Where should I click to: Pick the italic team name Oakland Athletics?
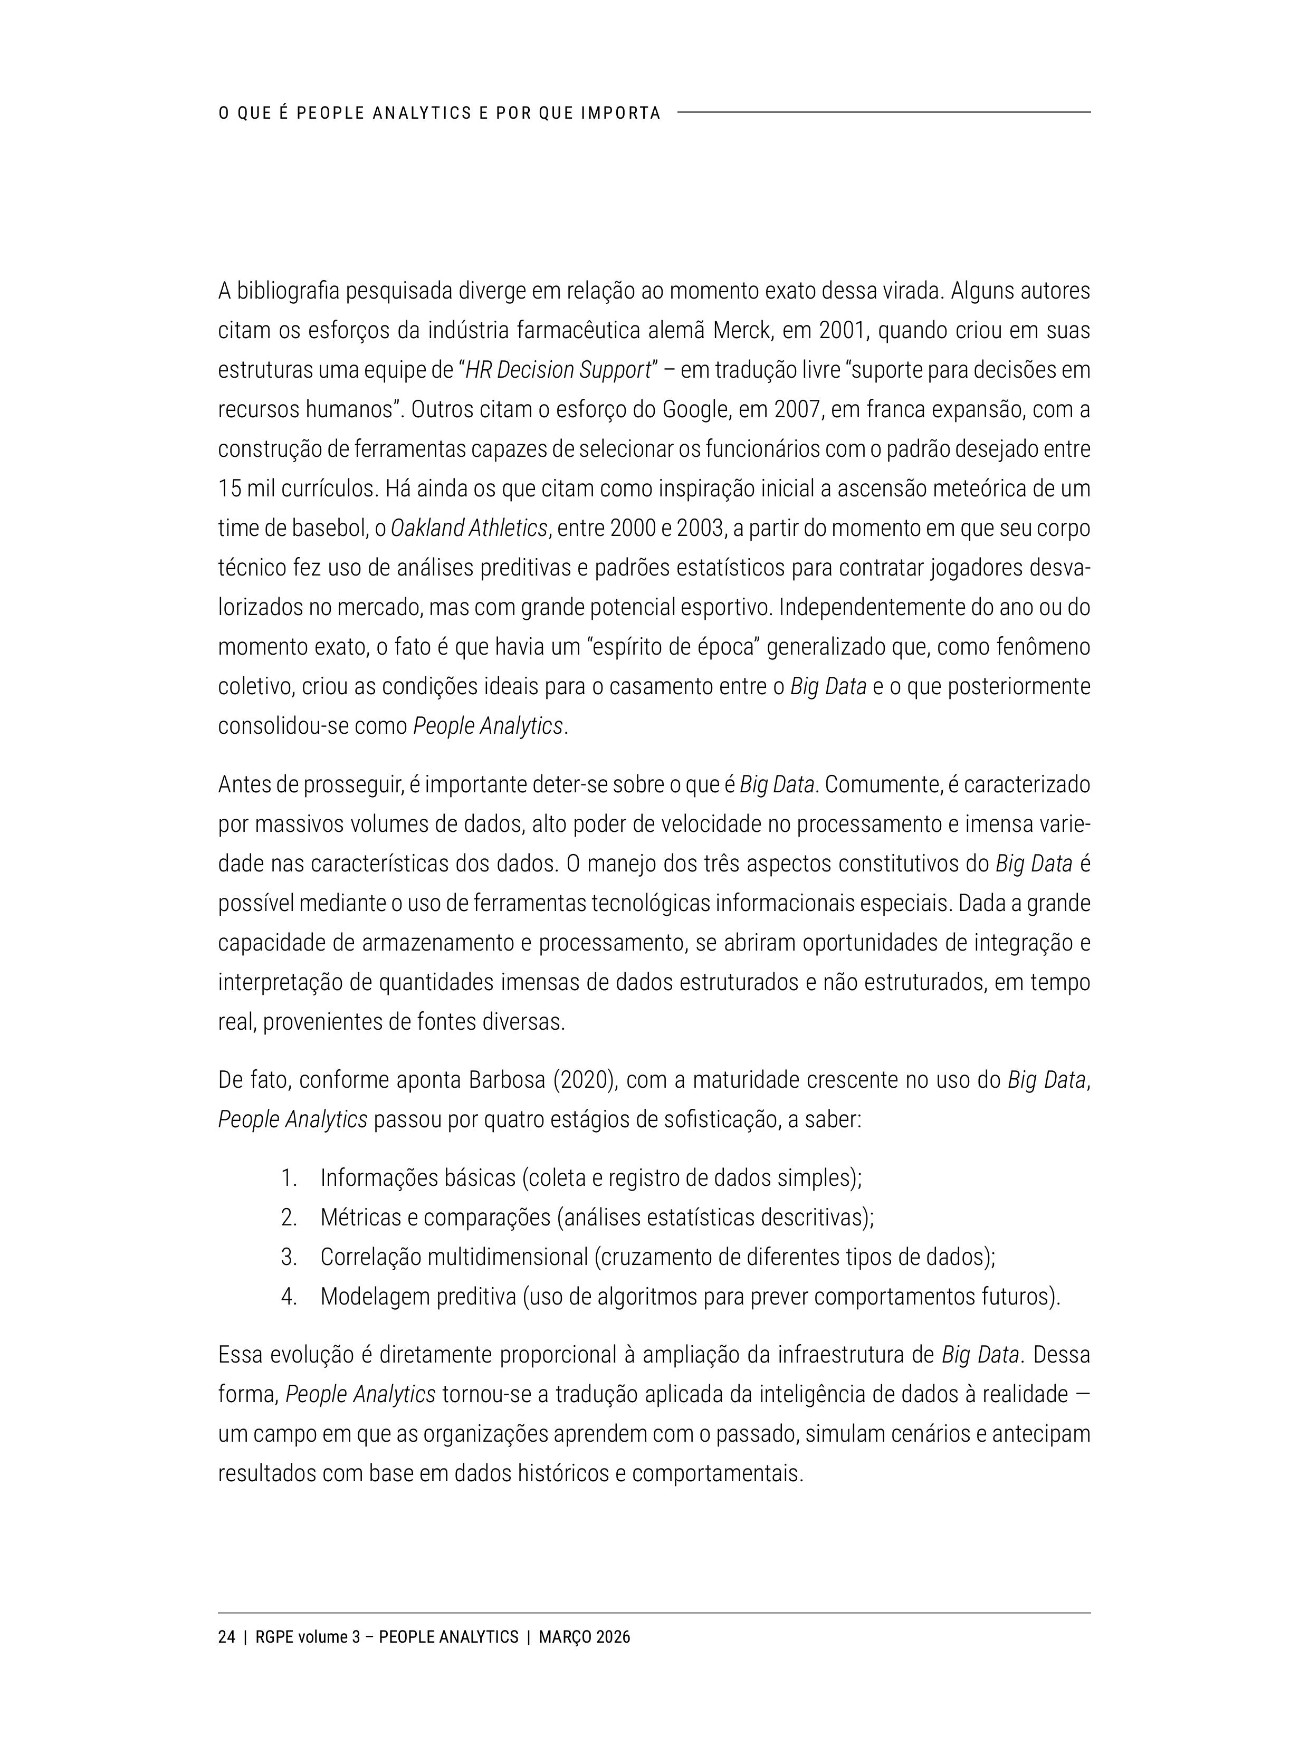click(x=469, y=528)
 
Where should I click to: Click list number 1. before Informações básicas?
click(x=289, y=1178)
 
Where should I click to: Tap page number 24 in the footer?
click(x=226, y=1637)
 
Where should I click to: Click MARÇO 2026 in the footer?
click(x=585, y=1637)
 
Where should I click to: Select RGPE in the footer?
click(x=274, y=1637)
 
